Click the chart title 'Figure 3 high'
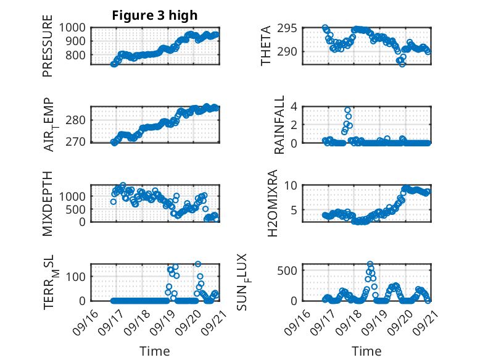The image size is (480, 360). (x=155, y=15)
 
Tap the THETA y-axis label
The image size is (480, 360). (x=266, y=46)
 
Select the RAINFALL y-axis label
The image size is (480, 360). (x=279, y=125)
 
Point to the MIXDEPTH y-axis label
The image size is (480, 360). (x=48, y=203)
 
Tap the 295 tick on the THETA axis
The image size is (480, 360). (x=293, y=28)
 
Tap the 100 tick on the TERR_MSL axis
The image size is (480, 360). (x=78, y=275)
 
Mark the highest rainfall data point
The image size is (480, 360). (x=348, y=110)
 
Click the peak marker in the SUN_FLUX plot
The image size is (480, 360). (x=370, y=264)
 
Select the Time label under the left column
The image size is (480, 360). (x=155, y=351)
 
